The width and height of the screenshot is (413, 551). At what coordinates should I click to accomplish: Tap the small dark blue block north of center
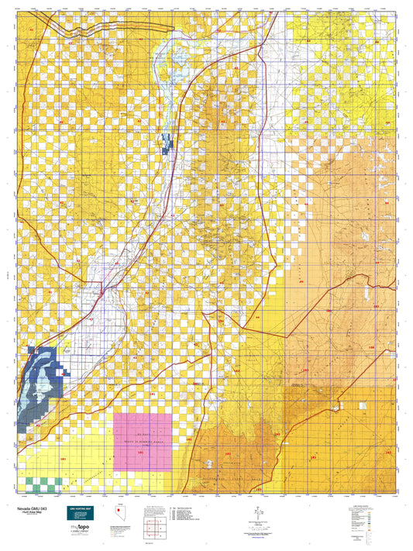coord(166,141)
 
